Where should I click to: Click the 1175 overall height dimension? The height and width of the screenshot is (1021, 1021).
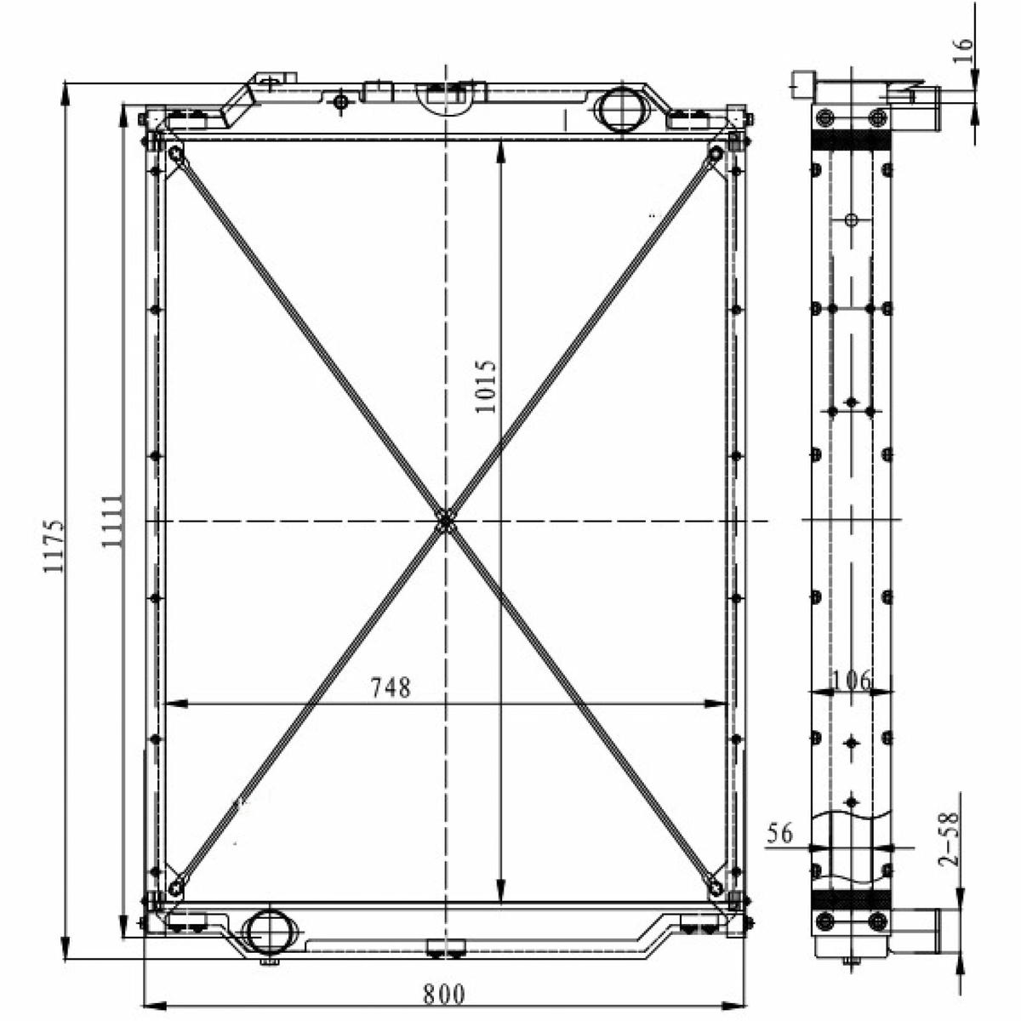pos(54,545)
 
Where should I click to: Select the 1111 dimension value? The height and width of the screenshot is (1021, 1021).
pos(112,522)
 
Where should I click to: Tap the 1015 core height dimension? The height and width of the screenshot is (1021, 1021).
pos(485,387)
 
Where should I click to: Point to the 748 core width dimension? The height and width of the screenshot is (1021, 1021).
pos(391,687)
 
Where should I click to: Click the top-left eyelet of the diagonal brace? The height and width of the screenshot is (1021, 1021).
pos(176,155)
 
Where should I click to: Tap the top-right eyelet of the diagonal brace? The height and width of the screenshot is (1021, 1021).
pos(716,154)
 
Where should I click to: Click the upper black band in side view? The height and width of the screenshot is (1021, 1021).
pos(851,140)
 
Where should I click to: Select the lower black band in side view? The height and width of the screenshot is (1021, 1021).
pos(851,899)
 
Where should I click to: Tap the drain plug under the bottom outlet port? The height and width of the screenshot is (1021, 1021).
pos(270,957)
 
